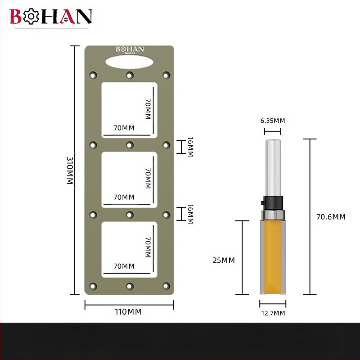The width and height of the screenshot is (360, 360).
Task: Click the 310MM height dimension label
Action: [x=70, y=171]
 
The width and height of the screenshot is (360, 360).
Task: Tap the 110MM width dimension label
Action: [x=128, y=312]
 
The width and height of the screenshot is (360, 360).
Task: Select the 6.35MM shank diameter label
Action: [x=273, y=121]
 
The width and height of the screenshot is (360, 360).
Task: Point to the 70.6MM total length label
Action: [x=331, y=217]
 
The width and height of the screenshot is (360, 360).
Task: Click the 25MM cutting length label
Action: [x=224, y=260]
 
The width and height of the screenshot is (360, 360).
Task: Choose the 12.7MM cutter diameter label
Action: [x=273, y=313]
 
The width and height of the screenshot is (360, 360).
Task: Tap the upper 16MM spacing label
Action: [x=190, y=147]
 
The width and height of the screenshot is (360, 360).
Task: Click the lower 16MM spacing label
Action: [x=190, y=214]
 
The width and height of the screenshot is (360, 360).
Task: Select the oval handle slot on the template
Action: [x=130, y=62]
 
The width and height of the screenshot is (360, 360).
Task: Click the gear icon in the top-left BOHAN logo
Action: [x=31, y=16]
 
